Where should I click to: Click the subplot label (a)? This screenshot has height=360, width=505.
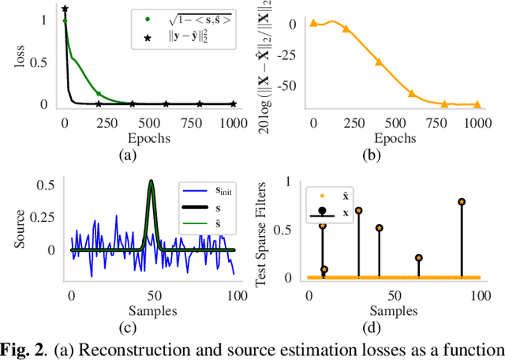[127, 156]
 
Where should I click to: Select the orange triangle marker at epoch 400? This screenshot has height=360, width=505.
[379, 61]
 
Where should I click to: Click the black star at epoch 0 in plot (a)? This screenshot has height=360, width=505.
[65, 9]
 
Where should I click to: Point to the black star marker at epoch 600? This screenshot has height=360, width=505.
[166, 103]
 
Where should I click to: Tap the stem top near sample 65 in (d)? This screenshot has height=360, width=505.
[418, 257]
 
